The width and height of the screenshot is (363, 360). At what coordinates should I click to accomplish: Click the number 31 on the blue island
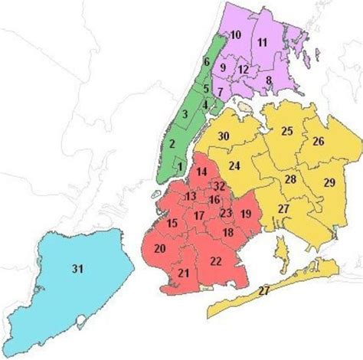tap(77, 268)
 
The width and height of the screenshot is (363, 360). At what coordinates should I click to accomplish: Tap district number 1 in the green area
tap(179, 165)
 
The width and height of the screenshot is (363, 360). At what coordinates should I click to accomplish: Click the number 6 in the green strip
tap(206, 61)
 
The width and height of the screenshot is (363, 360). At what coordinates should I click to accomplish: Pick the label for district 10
tap(236, 34)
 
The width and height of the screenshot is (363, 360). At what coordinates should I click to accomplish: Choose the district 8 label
tap(269, 80)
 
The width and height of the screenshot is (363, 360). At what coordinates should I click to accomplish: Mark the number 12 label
tap(243, 70)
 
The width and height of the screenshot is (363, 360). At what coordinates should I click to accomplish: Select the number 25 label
tap(286, 131)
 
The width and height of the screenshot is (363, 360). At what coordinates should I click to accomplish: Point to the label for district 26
tap(319, 141)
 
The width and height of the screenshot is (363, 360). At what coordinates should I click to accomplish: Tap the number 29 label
tap(329, 182)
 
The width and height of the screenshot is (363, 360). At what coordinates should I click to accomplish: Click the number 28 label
tap(291, 179)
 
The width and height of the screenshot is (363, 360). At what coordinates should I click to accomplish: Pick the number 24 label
tap(235, 165)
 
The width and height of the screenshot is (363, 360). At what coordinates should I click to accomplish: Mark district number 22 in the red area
tap(216, 261)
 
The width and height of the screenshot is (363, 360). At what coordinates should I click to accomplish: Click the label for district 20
tap(160, 249)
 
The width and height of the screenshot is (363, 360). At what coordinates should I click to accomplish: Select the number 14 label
tap(201, 173)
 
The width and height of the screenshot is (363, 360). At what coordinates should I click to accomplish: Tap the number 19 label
tap(245, 214)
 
